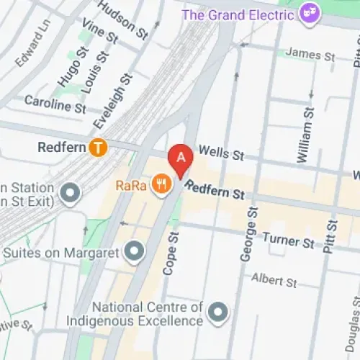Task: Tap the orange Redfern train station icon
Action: (98, 148)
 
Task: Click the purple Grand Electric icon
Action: (312, 14)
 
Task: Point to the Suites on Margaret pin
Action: (134, 252)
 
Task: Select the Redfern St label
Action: (215, 190)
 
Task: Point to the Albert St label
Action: (274, 279)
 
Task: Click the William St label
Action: (305, 134)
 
